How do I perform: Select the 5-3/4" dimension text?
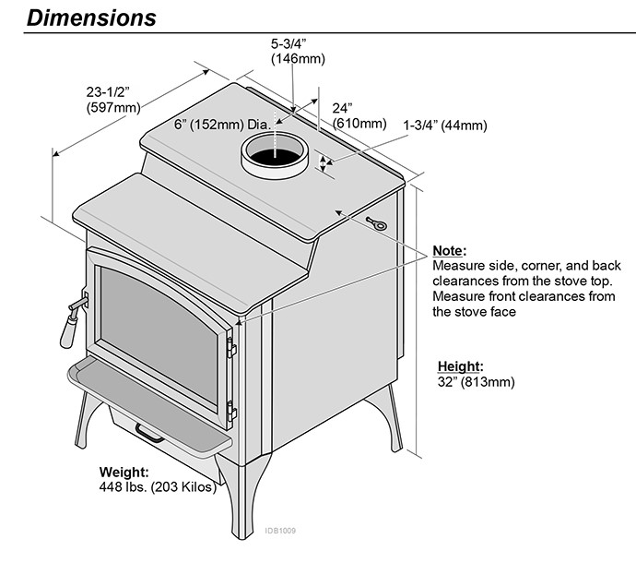tap(293, 44)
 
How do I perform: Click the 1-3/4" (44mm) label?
tap(445, 126)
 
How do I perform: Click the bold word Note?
tap(449, 251)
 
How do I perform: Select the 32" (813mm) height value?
tap(476, 381)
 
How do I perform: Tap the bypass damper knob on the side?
tap(377, 222)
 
